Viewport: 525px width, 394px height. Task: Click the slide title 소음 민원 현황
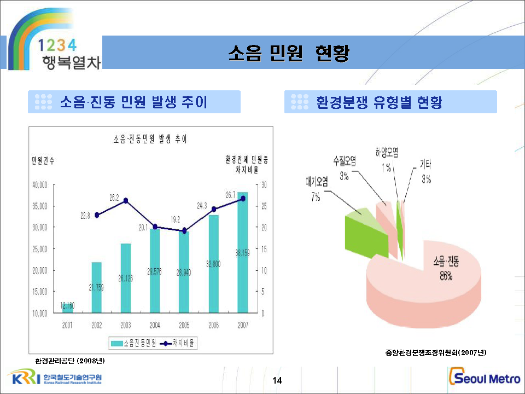tap(289, 54)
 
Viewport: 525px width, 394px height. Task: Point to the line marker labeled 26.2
tap(126, 201)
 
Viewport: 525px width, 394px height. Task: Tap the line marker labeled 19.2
tap(184, 230)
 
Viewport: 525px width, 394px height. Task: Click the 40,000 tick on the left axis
tap(40, 185)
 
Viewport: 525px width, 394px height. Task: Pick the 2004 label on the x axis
tap(155, 325)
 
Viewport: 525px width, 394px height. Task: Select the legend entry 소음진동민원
tap(134, 344)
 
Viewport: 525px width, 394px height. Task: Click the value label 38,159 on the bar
tap(243, 253)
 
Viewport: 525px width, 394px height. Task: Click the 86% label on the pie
tap(446, 276)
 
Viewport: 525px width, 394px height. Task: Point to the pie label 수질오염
tap(344, 160)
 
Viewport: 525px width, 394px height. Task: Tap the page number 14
tap(277, 380)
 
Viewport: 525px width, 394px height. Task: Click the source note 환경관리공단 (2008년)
tap(69, 361)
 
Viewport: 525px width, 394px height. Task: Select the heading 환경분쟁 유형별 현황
tap(379, 102)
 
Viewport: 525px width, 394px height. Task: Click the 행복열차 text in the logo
tap(71, 61)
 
